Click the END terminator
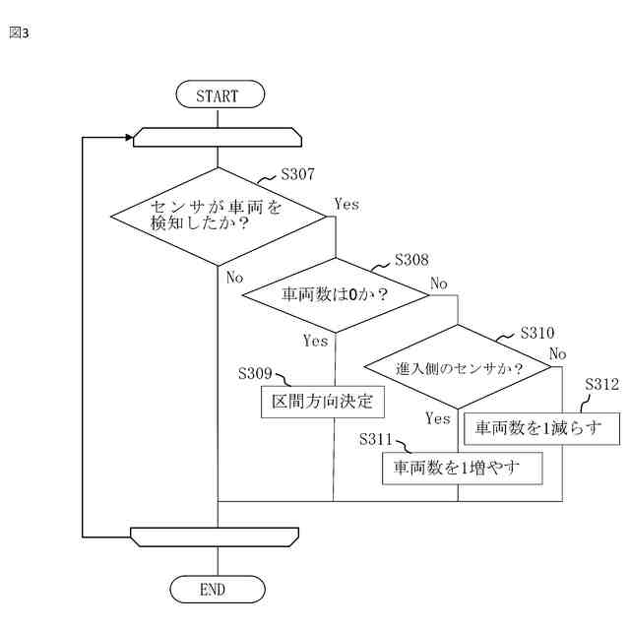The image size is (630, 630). (217, 589)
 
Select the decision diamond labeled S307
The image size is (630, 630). (217, 216)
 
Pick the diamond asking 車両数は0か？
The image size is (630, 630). (335, 294)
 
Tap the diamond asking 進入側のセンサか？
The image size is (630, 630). (459, 367)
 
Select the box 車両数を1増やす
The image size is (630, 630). (463, 468)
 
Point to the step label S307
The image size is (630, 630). (297, 174)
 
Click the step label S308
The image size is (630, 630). (411, 260)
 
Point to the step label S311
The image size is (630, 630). (378, 438)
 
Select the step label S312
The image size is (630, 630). (601, 384)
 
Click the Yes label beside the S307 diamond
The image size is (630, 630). (346, 204)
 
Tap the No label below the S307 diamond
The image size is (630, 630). (234, 278)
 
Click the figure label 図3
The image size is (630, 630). (19, 32)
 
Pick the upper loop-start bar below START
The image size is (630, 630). (217, 137)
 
